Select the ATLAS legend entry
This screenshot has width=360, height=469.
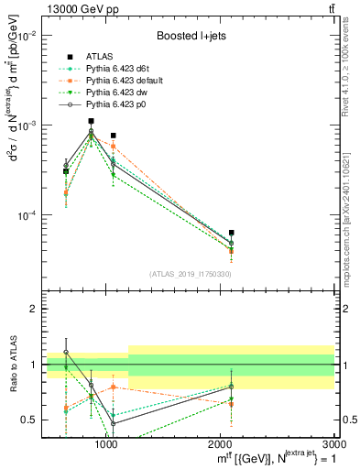click(100, 57)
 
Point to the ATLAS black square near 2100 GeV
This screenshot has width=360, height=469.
click(232, 233)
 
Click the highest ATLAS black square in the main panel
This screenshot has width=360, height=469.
click(91, 121)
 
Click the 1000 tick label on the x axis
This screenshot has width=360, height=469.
click(106, 442)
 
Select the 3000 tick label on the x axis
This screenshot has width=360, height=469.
click(333, 442)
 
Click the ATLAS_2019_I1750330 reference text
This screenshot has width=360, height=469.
click(190, 274)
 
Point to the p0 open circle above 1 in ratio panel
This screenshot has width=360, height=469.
click(66, 352)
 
